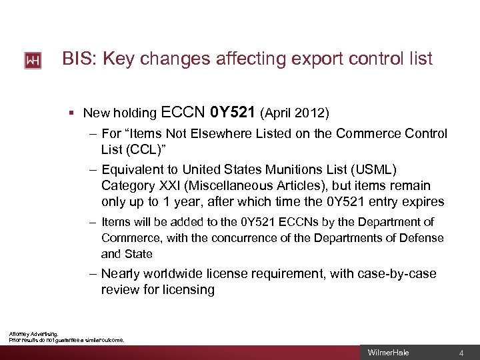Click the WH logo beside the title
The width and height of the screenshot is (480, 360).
point(33,61)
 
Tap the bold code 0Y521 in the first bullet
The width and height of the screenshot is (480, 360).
point(234,111)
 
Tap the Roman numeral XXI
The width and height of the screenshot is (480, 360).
point(167,185)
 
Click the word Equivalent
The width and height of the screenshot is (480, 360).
point(134,170)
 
